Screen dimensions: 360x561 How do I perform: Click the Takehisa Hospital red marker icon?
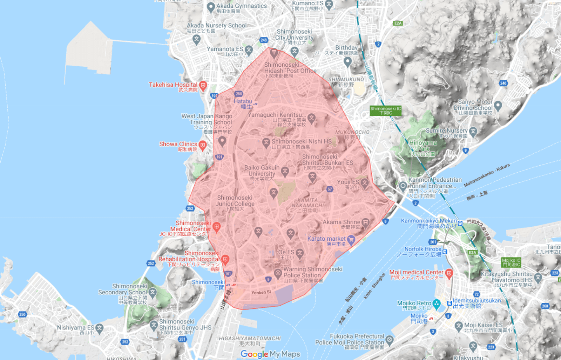(x=203, y=85)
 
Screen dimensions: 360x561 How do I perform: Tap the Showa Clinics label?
(x=178, y=144)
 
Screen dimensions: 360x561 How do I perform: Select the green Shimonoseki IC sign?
(x=385, y=111)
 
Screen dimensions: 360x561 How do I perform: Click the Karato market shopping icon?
(x=351, y=240)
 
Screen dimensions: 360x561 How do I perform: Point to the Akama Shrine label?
(x=341, y=222)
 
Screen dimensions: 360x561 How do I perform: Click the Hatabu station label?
(x=243, y=101)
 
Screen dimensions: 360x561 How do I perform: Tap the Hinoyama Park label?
(x=423, y=146)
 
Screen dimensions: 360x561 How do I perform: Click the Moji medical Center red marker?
(x=449, y=273)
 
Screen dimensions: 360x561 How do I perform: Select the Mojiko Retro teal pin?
(x=437, y=304)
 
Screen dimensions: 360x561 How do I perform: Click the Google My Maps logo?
(x=270, y=354)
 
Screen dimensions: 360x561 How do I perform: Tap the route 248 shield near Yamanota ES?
(x=264, y=40)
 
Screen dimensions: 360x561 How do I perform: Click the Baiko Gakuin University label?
(x=262, y=171)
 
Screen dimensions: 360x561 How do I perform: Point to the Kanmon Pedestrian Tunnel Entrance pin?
(x=403, y=186)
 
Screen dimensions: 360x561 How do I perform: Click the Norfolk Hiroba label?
(x=423, y=249)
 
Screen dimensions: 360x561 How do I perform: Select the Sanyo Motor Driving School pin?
(x=498, y=105)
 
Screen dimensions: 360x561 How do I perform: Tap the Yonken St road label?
(x=261, y=292)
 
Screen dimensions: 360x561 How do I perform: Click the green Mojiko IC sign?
(x=511, y=262)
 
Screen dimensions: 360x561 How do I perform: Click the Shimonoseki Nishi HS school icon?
(x=266, y=142)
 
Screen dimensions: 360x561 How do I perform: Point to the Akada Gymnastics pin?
(x=211, y=7)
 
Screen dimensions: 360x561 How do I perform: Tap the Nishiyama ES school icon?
(x=100, y=328)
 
